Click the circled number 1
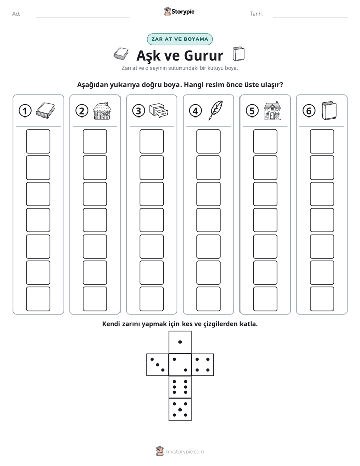25,111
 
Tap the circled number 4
195,111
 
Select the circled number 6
309,111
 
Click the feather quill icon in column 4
216,110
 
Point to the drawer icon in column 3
159,110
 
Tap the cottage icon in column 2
102,110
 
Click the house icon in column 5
272,110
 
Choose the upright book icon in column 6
329,110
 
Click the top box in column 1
38,141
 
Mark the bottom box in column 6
322,299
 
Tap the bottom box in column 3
151,299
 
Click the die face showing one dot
180,342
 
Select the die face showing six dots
180,387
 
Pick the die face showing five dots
180,410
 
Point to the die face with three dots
158,365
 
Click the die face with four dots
203,365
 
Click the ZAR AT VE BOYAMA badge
179,39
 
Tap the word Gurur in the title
204,55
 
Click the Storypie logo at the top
179,12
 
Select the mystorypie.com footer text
185,452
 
